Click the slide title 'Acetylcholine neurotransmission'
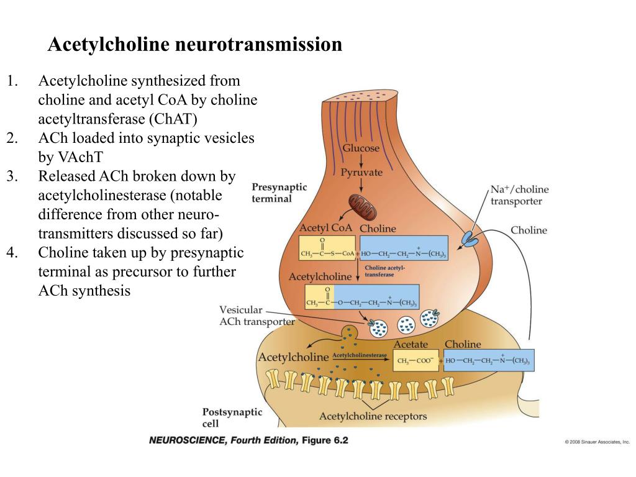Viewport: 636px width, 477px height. (195, 45)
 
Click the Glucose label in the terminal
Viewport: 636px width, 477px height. (361, 148)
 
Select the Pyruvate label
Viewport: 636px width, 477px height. (361, 172)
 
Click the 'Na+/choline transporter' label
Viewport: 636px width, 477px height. (519, 195)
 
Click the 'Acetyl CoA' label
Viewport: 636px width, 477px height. (325, 228)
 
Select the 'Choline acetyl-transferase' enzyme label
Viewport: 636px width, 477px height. (384, 271)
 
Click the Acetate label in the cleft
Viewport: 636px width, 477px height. (411, 344)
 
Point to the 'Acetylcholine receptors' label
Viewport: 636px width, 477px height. (373, 416)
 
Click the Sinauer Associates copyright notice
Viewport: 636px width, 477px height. (597, 442)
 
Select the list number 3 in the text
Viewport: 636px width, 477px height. (12, 176)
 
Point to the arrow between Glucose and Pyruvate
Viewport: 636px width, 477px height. (361, 160)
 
